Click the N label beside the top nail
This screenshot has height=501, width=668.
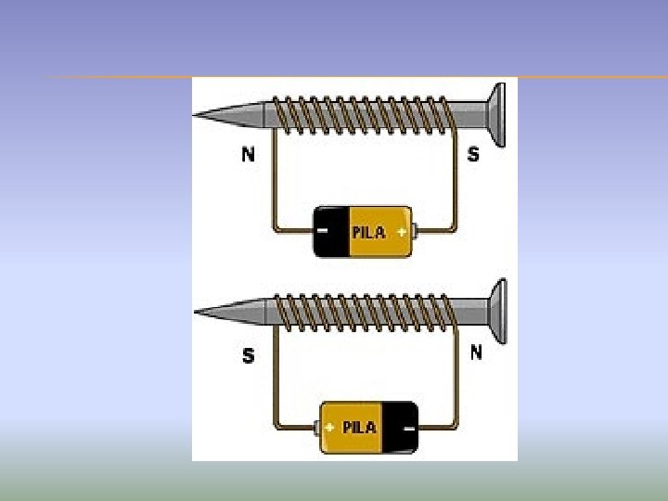[x=248, y=155]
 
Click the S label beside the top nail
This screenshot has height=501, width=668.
[x=473, y=155]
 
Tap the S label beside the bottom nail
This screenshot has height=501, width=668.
[x=248, y=355]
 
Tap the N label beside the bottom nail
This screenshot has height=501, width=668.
[x=476, y=353]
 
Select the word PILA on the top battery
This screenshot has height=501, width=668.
[x=368, y=232]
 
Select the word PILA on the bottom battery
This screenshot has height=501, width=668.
[x=359, y=428]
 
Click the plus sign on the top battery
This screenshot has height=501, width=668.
[x=401, y=231]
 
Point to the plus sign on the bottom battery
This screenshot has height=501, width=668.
[x=329, y=428]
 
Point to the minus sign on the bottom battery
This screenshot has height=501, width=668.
[x=408, y=428]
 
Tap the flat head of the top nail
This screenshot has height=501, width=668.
[x=498, y=114]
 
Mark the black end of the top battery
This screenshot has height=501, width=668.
[x=329, y=231]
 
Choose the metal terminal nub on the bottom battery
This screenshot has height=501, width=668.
[x=316, y=428]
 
